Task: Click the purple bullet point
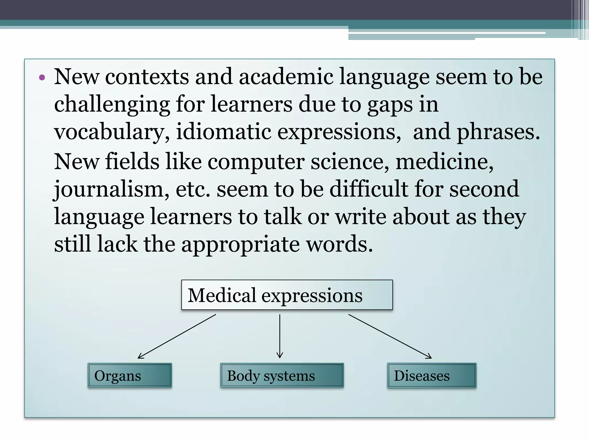click(x=42, y=77)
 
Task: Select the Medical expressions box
click(x=287, y=295)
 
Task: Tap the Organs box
click(x=130, y=376)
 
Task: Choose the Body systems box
click(x=282, y=376)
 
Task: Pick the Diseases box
click(x=431, y=376)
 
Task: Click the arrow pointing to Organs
click(x=177, y=336)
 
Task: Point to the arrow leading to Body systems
click(x=280, y=336)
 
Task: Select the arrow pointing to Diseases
click(x=390, y=336)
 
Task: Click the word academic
click(x=286, y=77)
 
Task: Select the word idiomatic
click(x=223, y=132)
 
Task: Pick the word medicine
click(x=444, y=162)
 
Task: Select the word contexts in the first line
click(x=147, y=77)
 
